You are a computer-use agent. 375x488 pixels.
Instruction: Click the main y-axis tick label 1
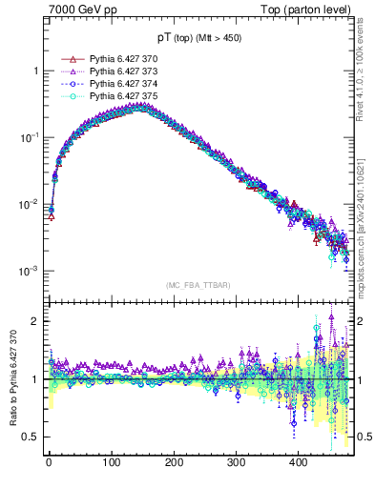click(x=35, y=71)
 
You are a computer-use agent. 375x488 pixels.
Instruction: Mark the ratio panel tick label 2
click(x=35, y=321)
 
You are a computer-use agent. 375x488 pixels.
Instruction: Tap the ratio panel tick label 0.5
click(x=31, y=437)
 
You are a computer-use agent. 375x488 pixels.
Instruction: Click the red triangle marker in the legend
click(x=67, y=59)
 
